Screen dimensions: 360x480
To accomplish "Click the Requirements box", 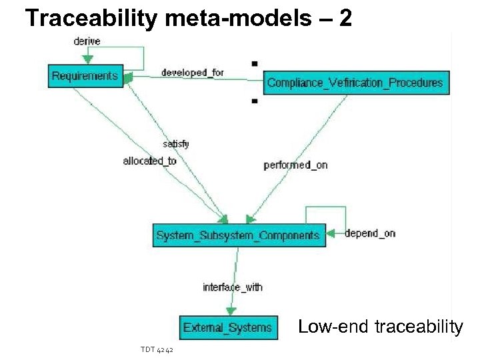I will [x=85, y=76].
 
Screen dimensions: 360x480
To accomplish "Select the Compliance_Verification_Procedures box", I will [x=355, y=83].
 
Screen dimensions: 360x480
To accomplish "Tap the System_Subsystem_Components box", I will [x=238, y=235].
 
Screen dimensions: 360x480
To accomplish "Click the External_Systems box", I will [x=228, y=327].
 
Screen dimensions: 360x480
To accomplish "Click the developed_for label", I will [x=193, y=72].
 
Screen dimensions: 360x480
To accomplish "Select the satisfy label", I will [x=176, y=143].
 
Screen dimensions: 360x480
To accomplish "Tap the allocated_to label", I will [x=149, y=161].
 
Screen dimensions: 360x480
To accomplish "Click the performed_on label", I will [x=295, y=165].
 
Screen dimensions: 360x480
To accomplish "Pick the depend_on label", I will [x=370, y=233].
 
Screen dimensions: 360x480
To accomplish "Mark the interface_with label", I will [x=233, y=287].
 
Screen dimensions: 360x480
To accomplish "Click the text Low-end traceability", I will [x=380, y=327].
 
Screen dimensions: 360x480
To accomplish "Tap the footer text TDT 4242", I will [x=157, y=349].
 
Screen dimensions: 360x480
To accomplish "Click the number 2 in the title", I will [x=345, y=17].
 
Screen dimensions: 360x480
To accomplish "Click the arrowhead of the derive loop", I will [x=88, y=59].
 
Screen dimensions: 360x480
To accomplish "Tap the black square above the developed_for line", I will [x=254, y=63].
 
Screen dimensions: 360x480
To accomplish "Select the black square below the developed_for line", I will [x=254, y=102].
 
